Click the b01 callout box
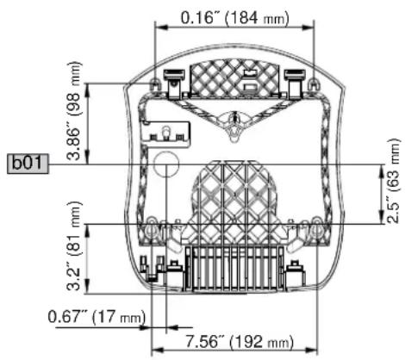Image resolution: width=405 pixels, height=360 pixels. pyautogui.click(x=28, y=164)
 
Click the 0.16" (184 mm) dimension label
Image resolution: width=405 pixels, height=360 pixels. pyautogui.click(x=234, y=18)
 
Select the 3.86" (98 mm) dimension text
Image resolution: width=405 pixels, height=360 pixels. pyautogui.click(x=74, y=110)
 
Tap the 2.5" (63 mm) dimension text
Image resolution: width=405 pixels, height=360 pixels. pyautogui.click(x=392, y=181)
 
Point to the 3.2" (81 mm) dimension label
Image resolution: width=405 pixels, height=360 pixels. pyautogui.click(x=74, y=246)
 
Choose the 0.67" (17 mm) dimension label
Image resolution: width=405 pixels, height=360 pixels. pyautogui.click(x=97, y=317)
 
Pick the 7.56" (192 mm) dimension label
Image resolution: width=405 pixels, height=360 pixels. pyautogui.click(x=239, y=342)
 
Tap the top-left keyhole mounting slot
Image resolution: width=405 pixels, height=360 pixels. pyautogui.click(x=154, y=85)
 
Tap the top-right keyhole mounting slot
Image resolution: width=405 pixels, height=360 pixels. pyautogui.click(x=313, y=84)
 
